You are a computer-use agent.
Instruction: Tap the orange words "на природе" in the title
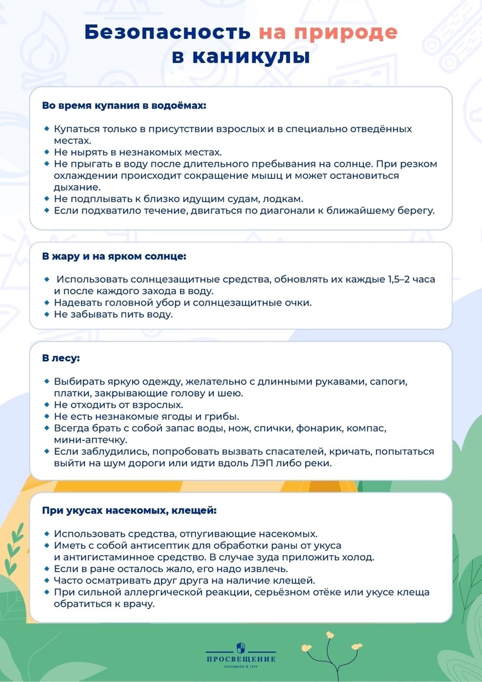coord(328,32)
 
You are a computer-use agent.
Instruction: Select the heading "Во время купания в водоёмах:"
coord(124,105)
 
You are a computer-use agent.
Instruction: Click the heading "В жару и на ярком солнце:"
coord(114,256)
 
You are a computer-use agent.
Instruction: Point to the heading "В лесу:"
coord(61,358)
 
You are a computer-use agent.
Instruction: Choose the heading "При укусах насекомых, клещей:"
coord(129,510)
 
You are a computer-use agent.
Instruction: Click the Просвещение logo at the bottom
coord(241,654)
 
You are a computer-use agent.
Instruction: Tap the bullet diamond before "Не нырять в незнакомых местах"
coord(47,152)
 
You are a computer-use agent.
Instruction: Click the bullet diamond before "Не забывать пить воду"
coord(47,314)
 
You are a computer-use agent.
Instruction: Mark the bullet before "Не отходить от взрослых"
coord(47,405)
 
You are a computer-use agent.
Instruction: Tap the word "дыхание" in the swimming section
coord(77,187)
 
